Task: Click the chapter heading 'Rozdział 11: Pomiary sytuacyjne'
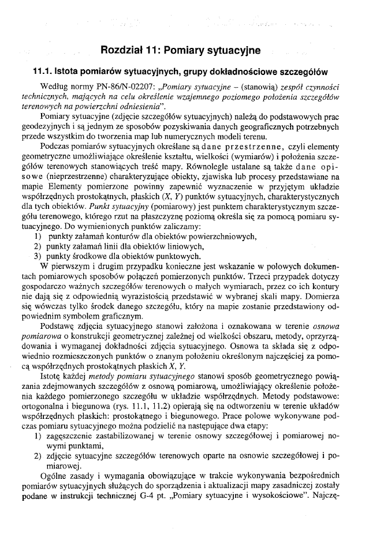(180, 51)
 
